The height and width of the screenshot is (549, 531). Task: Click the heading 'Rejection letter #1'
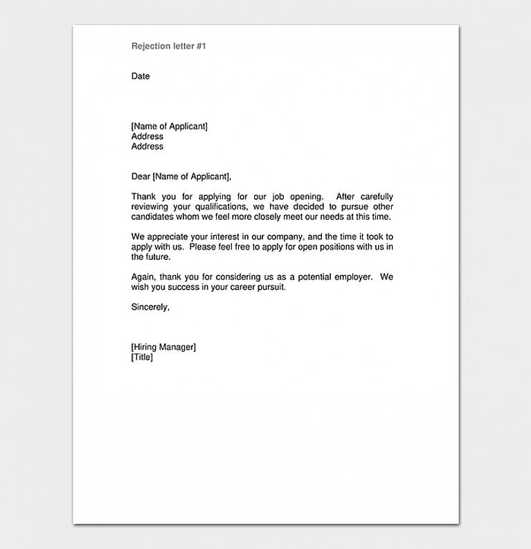[169, 46]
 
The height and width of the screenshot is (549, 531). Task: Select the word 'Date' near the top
[141, 76]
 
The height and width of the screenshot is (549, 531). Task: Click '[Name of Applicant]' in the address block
[170, 127]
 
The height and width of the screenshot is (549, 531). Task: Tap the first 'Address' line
[147, 136]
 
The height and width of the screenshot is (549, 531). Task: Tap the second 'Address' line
[147, 147]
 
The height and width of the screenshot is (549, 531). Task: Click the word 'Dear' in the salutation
[141, 176]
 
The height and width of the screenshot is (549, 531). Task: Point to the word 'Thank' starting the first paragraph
[144, 197]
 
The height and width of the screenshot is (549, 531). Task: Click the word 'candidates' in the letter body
[154, 217]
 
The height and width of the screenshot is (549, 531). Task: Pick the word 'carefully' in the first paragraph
[376, 197]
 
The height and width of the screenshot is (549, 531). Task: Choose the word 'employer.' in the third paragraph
[354, 277]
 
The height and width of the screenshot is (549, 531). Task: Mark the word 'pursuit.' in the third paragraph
[269, 287]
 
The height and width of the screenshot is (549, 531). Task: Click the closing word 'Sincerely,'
[150, 307]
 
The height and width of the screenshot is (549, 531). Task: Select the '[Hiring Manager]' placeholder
[163, 347]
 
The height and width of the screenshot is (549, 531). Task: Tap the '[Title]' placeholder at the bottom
[142, 357]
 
